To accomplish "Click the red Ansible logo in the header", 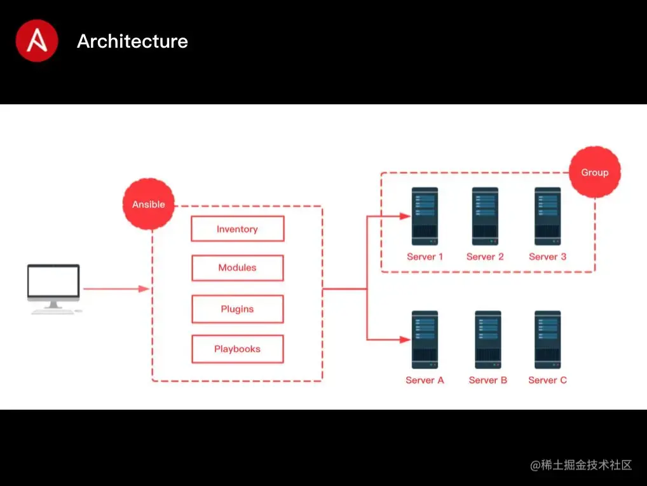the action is point(37,41).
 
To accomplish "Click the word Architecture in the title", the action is point(132,41).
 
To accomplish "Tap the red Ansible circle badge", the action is point(149,204).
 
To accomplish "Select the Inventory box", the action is point(238,229).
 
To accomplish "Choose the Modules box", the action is point(238,268).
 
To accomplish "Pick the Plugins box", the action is point(238,309).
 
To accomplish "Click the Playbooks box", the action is point(238,349).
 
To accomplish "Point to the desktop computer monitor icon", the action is point(54,289).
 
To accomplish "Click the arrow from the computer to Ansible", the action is point(116,289).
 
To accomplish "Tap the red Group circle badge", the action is point(595,172).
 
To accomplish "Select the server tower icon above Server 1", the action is point(425,216).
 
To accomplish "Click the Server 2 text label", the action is point(485,257).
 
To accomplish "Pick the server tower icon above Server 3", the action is point(548,216).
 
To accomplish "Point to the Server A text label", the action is point(425,380).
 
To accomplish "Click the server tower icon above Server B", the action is point(487,340).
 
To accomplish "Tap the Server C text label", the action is point(548,380).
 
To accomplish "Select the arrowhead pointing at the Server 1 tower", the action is point(405,216).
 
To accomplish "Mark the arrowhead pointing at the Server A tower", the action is point(405,340).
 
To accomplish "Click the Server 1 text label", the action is point(425,257).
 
